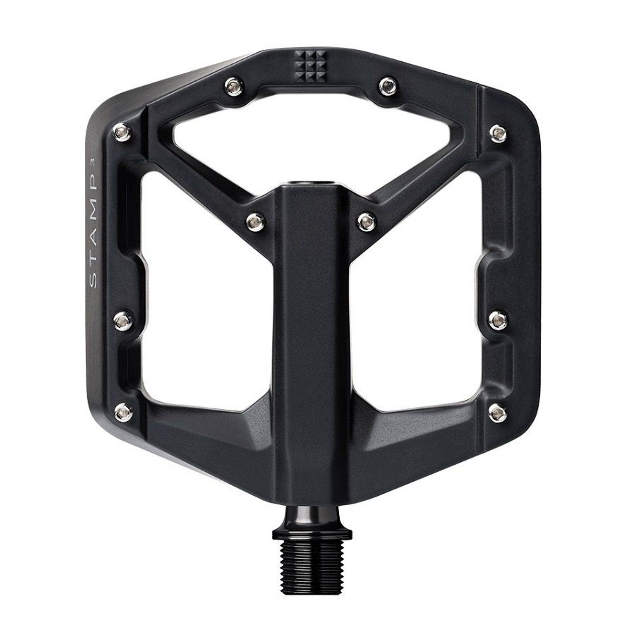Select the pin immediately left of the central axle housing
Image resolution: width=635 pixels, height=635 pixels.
point(253,219)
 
